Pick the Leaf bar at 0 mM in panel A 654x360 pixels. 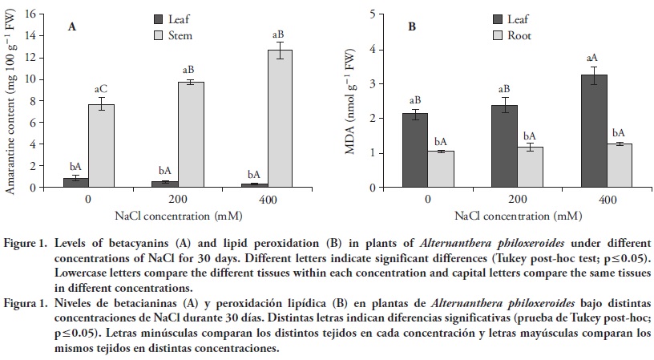click(x=75, y=182)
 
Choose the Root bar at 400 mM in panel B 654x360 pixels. click(x=618, y=166)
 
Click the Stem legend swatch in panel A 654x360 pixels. click(x=159, y=35)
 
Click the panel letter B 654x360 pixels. click(x=412, y=26)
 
